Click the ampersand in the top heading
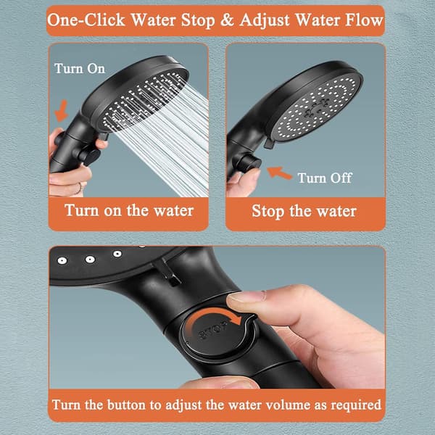click(227, 20)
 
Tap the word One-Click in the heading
click(86, 20)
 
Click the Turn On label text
click(80, 69)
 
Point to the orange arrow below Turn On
click(62, 111)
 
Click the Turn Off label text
click(325, 178)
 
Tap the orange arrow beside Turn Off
click(279, 173)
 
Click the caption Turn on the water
click(129, 210)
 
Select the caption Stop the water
click(304, 212)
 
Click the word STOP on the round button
click(213, 329)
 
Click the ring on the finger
click(80, 188)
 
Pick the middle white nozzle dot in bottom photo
click(90, 260)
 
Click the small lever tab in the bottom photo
click(170, 273)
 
